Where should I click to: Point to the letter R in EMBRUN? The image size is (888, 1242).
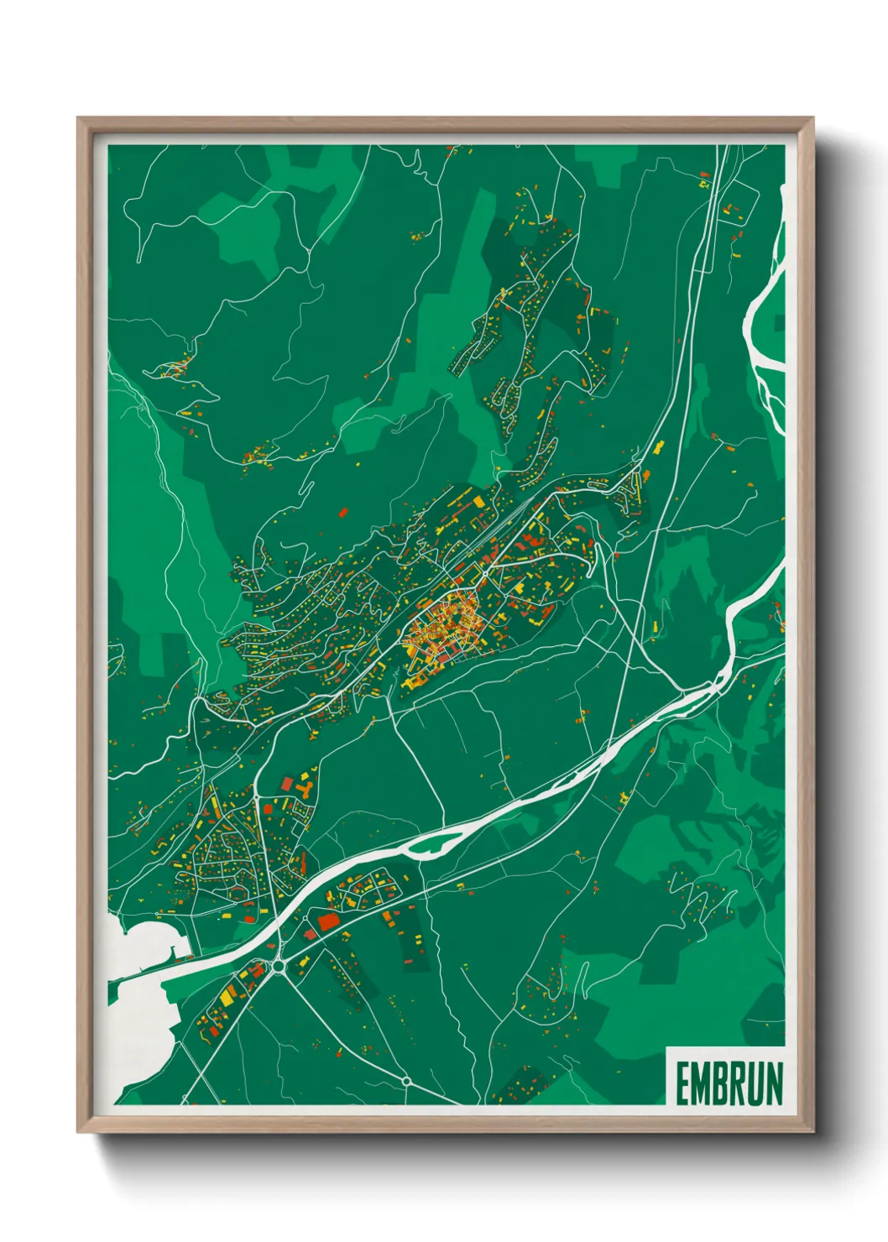(x=738, y=1084)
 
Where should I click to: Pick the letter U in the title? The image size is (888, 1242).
(x=755, y=1084)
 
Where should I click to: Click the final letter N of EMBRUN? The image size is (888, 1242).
(x=774, y=1084)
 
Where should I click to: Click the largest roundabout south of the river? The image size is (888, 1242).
(x=279, y=967)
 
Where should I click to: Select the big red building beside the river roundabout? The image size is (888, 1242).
(x=327, y=922)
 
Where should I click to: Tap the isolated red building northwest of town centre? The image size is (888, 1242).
(x=342, y=511)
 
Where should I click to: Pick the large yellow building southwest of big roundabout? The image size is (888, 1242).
(x=227, y=996)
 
